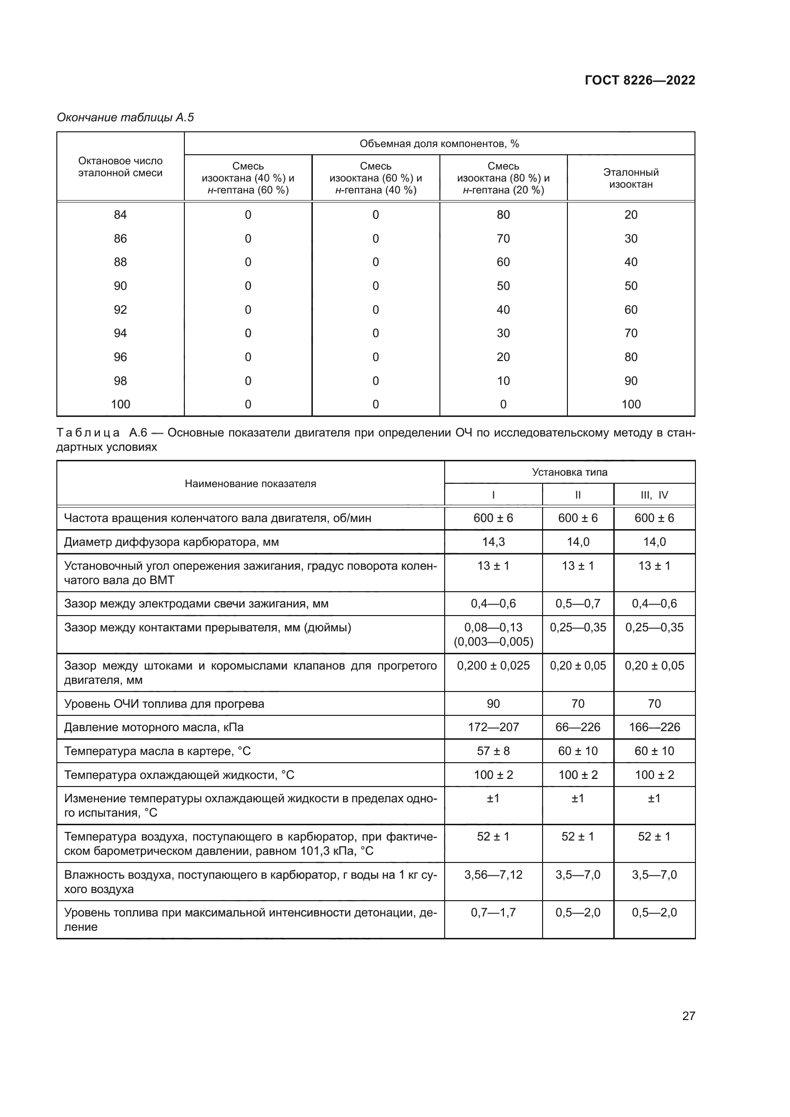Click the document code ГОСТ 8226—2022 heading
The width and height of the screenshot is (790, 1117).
pyautogui.click(x=639, y=80)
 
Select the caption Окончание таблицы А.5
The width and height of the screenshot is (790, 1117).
pyautogui.click(x=126, y=117)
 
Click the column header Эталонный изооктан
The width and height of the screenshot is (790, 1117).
pyautogui.click(x=630, y=178)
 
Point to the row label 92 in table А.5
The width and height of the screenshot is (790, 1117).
pyautogui.click(x=120, y=309)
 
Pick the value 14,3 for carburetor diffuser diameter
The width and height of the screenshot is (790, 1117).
pyautogui.click(x=493, y=542)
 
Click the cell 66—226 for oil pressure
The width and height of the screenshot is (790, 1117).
pyautogui.click(x=577, y=727)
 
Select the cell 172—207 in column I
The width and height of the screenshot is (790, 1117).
pyautogui.click(x=493, y=727)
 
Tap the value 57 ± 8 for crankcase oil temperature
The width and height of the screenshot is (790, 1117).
pyautogui.click(x=493, y=751)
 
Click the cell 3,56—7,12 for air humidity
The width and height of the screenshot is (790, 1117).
pyautogui.click(x=493, y=874)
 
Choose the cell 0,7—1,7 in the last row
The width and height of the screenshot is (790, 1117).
pyautogui.click(x=493, y=912)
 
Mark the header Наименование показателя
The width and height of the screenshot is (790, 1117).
pyautogui.click(x=250, y=484)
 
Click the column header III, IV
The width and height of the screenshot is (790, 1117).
pyautogui.click(x=654, y=495)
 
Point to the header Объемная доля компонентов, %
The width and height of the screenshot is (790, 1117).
pyautogui.click(x=439, y=144)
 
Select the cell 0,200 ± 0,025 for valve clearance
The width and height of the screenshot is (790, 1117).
pyautogui.click(x=493, y=665)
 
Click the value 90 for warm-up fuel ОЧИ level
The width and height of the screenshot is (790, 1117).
pyautogui.click(x=493, y=703)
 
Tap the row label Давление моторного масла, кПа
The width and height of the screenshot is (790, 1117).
pyautogui.click(x=154, y=727)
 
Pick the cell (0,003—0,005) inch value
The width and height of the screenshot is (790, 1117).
pyautogui.click(x=493, y=642)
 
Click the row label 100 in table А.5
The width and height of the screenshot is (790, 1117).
pyautogui.click(x=120, y=404)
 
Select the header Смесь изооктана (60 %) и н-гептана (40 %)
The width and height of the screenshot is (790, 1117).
pyautogui.click(x=375, y=178)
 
